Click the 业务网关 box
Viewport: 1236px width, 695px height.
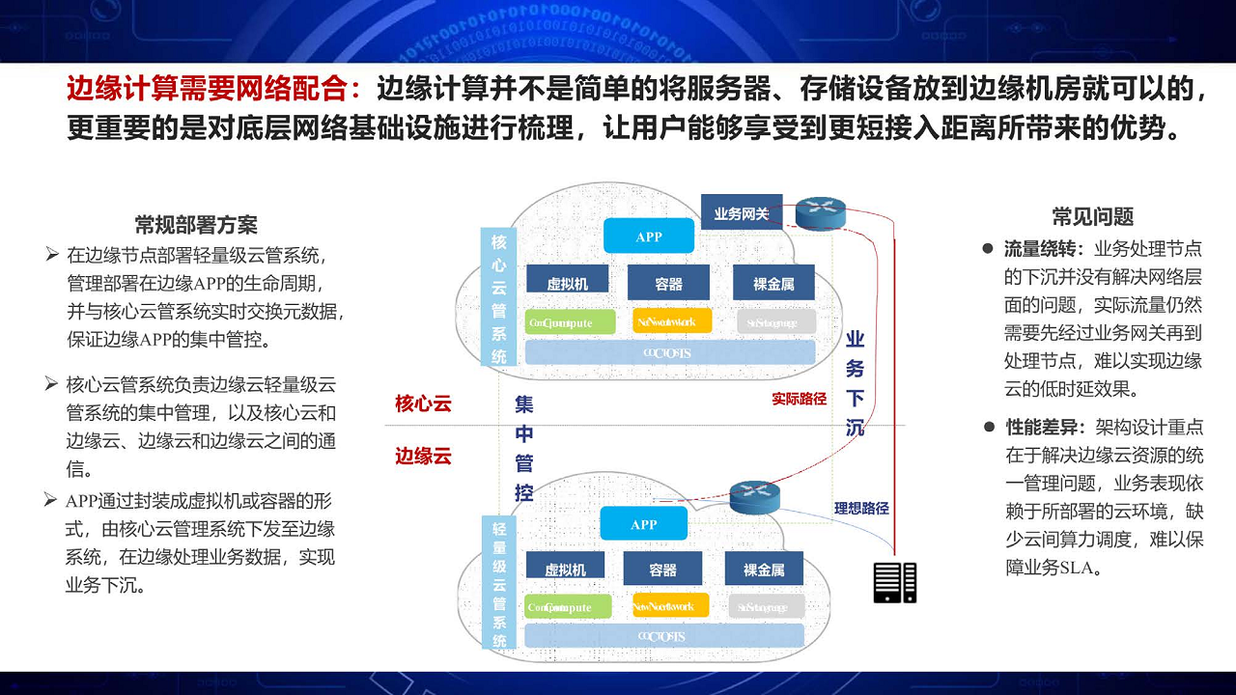pyautogui.click(x=741, y=213)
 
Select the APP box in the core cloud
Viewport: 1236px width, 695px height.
pyautogui.click(x=648, y=236)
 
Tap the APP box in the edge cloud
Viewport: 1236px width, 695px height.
pyautogui.click(x=643, y=524)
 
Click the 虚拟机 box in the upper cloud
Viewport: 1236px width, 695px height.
pyautogui.click(x=567, y=283)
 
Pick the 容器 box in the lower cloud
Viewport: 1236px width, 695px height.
pyautogui.click(x=662, y=570)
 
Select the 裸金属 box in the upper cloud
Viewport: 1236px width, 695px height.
pyautogui.click(x=773, y=283)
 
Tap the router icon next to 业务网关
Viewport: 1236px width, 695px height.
pyautogui.click(x=821, y=213)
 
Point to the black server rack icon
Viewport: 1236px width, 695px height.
pyautogui.click(x=894, y=582)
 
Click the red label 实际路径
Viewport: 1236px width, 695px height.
pyautogui.click(x=799, y=399)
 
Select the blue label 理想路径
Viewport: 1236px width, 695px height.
pyautogui.click(x=861, y=508)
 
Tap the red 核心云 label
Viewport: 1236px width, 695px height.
pyautogui.click(x=423, y=403)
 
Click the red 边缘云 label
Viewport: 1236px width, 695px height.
pyautogui.click(x=423, y=456)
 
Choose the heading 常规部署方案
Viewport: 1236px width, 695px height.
pyautogui.click(x=196, y=226)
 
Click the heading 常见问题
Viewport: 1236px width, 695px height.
pyautogui.click(x=1092, y=217)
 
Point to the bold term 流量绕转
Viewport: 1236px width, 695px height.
pyautogui.click(x=1041, y=249)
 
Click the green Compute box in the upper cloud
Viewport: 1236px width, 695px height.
pyautogui.click(x=571, y=322)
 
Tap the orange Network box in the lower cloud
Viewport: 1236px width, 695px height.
pyautogui.click(x=669, y=606)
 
